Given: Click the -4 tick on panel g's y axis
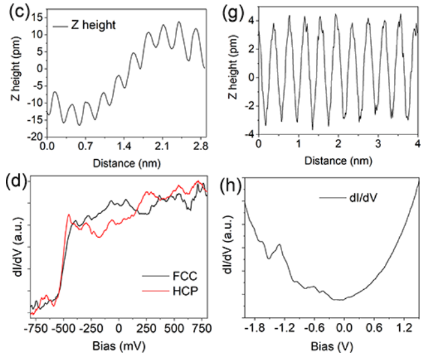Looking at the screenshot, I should pos(248,135).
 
